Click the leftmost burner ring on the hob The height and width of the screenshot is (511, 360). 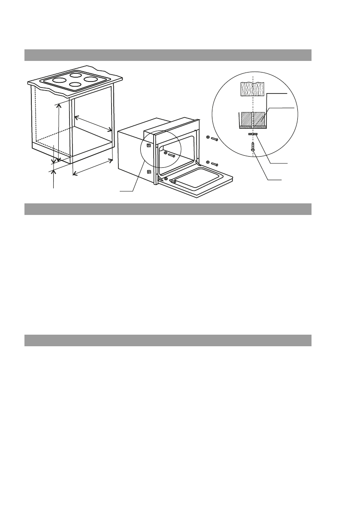point(59,81)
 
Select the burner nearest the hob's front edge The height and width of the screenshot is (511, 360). point(75,85)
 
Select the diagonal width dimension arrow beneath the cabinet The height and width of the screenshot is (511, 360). point(93,166)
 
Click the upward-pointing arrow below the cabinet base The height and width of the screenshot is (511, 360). point(54,178)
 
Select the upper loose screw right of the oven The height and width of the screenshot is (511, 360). point(213,139)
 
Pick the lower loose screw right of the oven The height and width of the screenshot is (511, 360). point(213,163)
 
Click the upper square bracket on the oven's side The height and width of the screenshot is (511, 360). point(149,145)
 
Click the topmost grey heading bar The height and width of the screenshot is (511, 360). point(167,55)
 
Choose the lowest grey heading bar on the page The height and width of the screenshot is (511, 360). point(167,340)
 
